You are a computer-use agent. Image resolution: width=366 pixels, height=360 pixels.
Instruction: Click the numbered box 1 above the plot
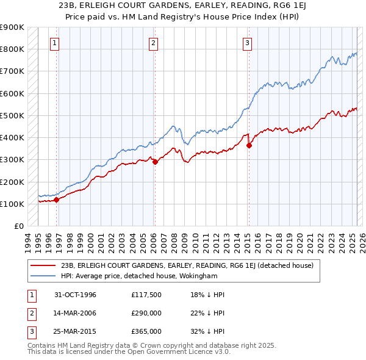55,43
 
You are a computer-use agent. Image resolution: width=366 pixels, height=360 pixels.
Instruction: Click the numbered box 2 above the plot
152,43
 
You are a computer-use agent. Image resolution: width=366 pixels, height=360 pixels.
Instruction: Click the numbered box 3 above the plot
247,43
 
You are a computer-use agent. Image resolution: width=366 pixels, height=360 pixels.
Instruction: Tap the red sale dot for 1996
56,199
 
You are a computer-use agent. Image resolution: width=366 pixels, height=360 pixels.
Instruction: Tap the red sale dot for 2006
155,162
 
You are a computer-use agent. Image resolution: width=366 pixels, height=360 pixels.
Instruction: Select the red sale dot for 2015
249,145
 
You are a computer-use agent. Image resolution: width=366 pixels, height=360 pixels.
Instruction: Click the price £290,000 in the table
146,313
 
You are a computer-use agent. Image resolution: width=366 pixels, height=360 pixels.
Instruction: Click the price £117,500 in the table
146,295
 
